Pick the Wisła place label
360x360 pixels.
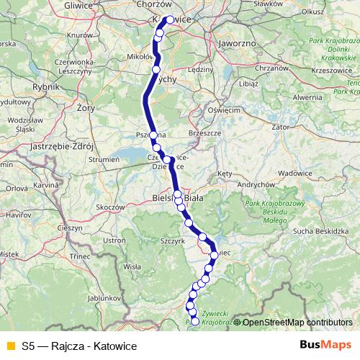tap(132, 266)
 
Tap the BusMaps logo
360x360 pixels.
tap(325, 345)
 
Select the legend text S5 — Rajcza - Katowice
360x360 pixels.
tap(78, 346)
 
